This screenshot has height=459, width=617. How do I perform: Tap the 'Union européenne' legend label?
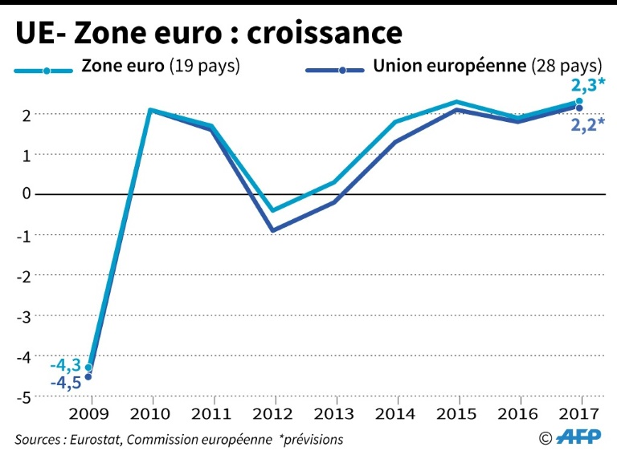[447, 67]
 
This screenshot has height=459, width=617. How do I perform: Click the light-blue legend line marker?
[47, 71]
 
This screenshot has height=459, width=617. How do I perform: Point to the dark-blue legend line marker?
[341, 71]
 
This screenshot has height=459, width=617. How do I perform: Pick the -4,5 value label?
[67, 383]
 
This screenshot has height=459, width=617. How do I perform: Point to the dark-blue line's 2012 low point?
[275, 230]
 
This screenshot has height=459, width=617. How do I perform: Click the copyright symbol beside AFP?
[546, 438]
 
